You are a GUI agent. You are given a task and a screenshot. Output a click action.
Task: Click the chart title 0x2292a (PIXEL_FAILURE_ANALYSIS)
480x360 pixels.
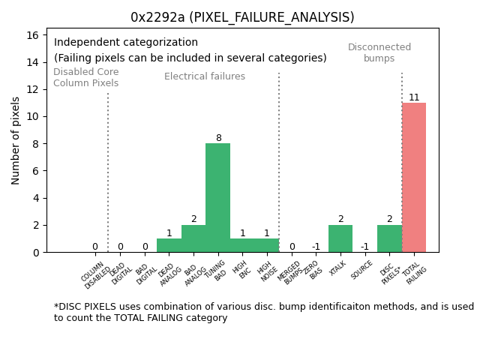[242, 17]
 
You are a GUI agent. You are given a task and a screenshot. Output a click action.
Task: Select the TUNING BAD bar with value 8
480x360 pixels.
[218, 198]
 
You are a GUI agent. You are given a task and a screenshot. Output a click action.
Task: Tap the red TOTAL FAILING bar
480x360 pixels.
[414, 178]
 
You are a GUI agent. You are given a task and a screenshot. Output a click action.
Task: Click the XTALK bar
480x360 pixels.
[340, 238]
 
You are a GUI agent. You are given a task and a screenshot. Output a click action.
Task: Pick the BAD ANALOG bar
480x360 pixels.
[193, 238]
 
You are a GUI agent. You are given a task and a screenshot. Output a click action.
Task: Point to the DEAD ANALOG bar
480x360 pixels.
[169, 245]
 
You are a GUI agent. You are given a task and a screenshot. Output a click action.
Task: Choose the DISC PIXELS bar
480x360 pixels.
[389, 238]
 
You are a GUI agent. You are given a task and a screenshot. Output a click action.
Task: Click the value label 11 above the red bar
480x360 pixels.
[414, 97]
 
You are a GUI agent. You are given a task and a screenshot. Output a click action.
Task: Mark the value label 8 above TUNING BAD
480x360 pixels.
[218, 138]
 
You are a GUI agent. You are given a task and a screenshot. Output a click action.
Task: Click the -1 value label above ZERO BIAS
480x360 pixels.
[316, 247]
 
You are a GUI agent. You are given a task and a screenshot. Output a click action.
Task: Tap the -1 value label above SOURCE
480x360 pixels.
[364, 247]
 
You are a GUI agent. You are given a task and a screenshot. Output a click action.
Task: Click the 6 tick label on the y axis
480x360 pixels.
[36, 171]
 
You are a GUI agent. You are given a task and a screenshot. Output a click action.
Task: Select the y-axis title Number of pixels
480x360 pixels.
[16, 140]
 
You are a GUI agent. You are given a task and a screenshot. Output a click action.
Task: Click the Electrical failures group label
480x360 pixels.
[205, 76]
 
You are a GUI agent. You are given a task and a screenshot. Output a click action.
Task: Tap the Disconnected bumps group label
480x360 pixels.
[379, 52]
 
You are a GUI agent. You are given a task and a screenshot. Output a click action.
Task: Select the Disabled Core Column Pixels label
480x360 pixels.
[85, 77]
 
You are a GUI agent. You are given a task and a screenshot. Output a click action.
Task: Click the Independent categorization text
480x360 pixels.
[126, 43]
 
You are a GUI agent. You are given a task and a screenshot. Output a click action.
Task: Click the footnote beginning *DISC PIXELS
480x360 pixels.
[263, 312]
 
